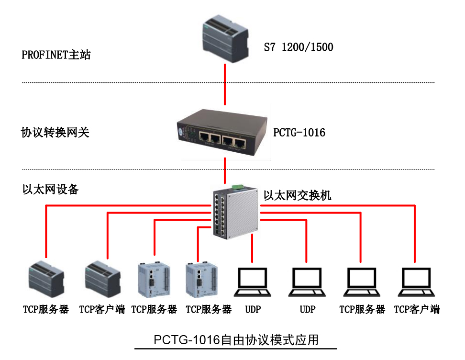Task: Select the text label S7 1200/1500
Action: pyautogui.click(x=299, y=47)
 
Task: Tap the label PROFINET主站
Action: pyautogui.click(x=56, y=55)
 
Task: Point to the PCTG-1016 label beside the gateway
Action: pyautogui.click(x=299, y=132)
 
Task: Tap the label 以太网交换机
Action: pyautogui.click(x=297, y=195)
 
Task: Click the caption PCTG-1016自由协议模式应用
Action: pyautogui.click(x=236, y=340)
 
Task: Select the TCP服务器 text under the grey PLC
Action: pyautogui.click(x=45, y=310)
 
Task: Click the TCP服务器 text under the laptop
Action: pyautogui.click(x=362, y=310)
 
